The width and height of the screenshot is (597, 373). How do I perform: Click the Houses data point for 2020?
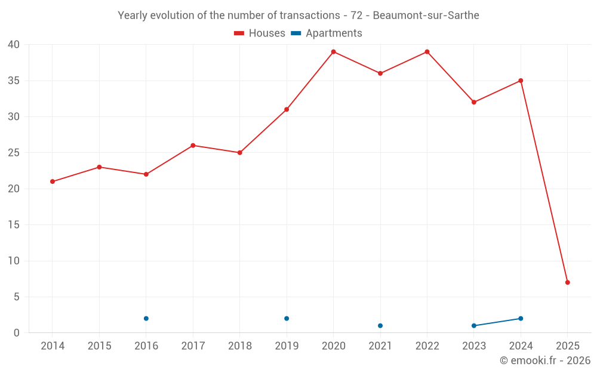coord(333,52)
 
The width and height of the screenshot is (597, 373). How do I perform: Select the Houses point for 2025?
coord(567,282)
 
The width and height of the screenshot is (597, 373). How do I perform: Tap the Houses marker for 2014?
coord(53,181)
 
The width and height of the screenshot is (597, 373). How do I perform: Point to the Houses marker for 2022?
coord(427,52)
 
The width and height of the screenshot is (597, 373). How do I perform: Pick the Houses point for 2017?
coord(193,146)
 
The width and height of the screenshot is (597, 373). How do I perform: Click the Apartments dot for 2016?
coord(146,319)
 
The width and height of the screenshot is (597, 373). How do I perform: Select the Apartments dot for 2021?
coord(380,326)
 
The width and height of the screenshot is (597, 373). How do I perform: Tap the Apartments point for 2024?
coord(521,319)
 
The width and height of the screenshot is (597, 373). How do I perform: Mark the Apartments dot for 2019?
coord(287,319)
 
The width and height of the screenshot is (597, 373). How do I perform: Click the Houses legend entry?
coord(260,33)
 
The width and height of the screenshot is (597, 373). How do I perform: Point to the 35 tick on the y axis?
coord(14,81)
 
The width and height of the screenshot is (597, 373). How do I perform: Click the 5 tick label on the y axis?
coord(17,297)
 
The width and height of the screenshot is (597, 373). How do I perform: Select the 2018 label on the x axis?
coord(239,346)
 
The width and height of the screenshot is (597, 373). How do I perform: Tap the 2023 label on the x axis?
coord(473,346)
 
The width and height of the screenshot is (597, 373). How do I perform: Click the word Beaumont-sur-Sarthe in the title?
coord(426,16)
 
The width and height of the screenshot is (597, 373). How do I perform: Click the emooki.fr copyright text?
coord(544,360)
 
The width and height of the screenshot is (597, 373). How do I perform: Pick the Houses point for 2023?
coord(474,102)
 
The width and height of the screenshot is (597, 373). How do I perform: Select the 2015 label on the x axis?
coord(99,346)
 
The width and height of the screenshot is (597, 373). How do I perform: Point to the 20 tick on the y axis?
coord(14,189)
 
